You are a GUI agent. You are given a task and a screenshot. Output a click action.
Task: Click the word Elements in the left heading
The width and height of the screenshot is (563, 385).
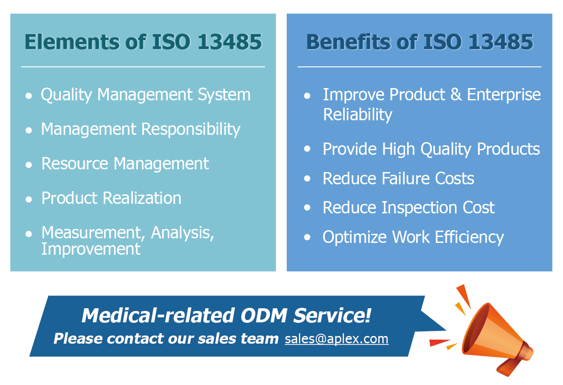pos(72,42)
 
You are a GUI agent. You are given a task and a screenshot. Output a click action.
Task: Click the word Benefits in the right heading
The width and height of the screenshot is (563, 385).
pos(349,42)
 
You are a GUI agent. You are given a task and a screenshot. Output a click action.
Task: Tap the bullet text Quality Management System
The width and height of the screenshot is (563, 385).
pos(146,95)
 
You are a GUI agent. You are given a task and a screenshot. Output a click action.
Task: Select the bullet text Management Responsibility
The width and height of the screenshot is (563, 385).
pos(141,130)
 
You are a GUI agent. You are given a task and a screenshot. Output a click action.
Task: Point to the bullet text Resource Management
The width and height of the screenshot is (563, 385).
pos(125,164)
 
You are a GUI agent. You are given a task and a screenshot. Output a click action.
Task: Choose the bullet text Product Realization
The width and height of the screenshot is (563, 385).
pos(111,198)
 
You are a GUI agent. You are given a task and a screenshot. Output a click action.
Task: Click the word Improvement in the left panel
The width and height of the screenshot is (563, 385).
pos(91,249)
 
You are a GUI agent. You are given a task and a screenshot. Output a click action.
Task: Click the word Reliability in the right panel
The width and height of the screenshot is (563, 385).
pos(357,115)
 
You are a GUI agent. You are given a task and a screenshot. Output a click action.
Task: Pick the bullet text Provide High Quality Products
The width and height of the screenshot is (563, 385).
pos(431,149)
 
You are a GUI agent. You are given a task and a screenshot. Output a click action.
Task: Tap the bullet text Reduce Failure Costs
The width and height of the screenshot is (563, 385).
pos(398,178)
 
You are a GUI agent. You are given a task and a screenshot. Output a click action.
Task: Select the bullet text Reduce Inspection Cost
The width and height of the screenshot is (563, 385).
pos(409,208)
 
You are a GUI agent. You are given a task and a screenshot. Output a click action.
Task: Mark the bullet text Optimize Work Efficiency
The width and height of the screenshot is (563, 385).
pos(413,237)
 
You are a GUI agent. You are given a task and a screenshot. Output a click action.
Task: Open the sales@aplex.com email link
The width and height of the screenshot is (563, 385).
pos(337,339)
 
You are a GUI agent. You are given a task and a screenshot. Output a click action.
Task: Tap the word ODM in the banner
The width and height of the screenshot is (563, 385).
pos(264,316)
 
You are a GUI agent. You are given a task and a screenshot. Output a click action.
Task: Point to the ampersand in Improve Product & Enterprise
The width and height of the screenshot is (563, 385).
pos(456,94)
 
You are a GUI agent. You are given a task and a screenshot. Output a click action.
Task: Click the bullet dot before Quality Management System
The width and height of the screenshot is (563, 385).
pos(29,96)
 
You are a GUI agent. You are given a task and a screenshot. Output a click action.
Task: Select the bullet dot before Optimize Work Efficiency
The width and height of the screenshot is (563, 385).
pos(307,237)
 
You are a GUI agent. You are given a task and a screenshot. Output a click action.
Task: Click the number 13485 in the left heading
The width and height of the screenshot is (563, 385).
pos(230,42)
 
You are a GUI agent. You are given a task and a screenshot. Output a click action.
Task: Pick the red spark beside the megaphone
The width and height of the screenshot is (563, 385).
pos(439,342)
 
